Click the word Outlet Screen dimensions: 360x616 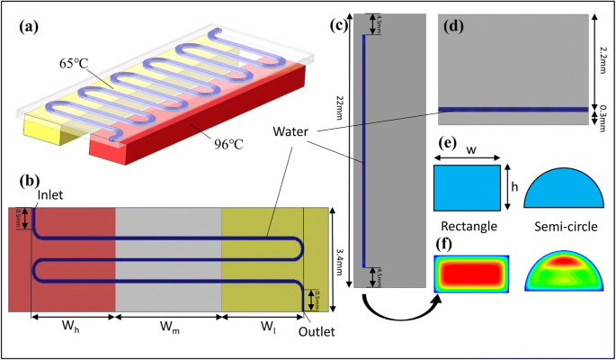317,331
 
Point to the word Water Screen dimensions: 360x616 287,131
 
